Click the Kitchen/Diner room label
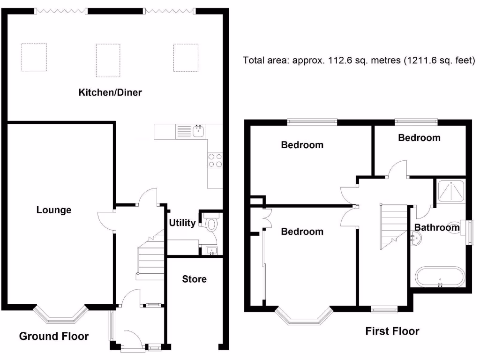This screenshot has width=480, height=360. click(110, 92)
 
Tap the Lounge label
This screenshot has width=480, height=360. click(54, 210)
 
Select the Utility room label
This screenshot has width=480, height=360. click(182, 223)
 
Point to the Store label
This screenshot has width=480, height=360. click(194, 279)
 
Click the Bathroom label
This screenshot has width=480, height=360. click(437, 228)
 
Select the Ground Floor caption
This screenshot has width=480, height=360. click(53, 336)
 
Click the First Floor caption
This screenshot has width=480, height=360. click(392, 331)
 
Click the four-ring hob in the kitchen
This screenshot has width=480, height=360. click(215, 161)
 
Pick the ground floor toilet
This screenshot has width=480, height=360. click(211, 224)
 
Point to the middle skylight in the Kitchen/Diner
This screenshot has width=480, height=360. click(108, 60)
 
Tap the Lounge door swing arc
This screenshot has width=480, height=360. click(105, 221)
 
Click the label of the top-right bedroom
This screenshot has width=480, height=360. click(419, 138)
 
